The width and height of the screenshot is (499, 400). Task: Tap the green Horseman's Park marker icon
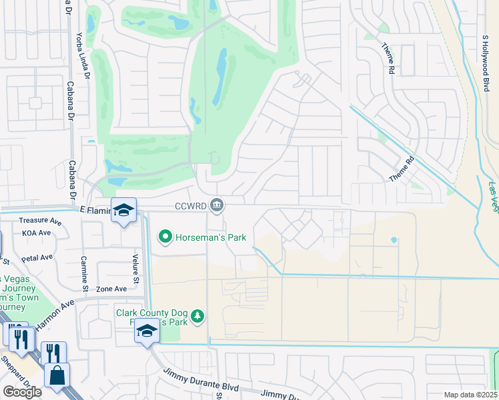(165, 237)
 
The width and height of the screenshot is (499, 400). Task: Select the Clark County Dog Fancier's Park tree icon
(197, 316)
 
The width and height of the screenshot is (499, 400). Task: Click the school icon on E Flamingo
(123, 210)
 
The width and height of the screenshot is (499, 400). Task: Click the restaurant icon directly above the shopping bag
(53, 353)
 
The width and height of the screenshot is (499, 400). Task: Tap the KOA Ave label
(36, 233)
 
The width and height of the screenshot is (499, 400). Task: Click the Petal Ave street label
(37, 257)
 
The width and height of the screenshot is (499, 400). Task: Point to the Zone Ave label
(111, 289)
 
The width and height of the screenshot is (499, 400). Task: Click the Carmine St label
(84, 273)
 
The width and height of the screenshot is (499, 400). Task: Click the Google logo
(22, 391)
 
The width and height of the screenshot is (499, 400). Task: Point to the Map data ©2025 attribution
(470, 395)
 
